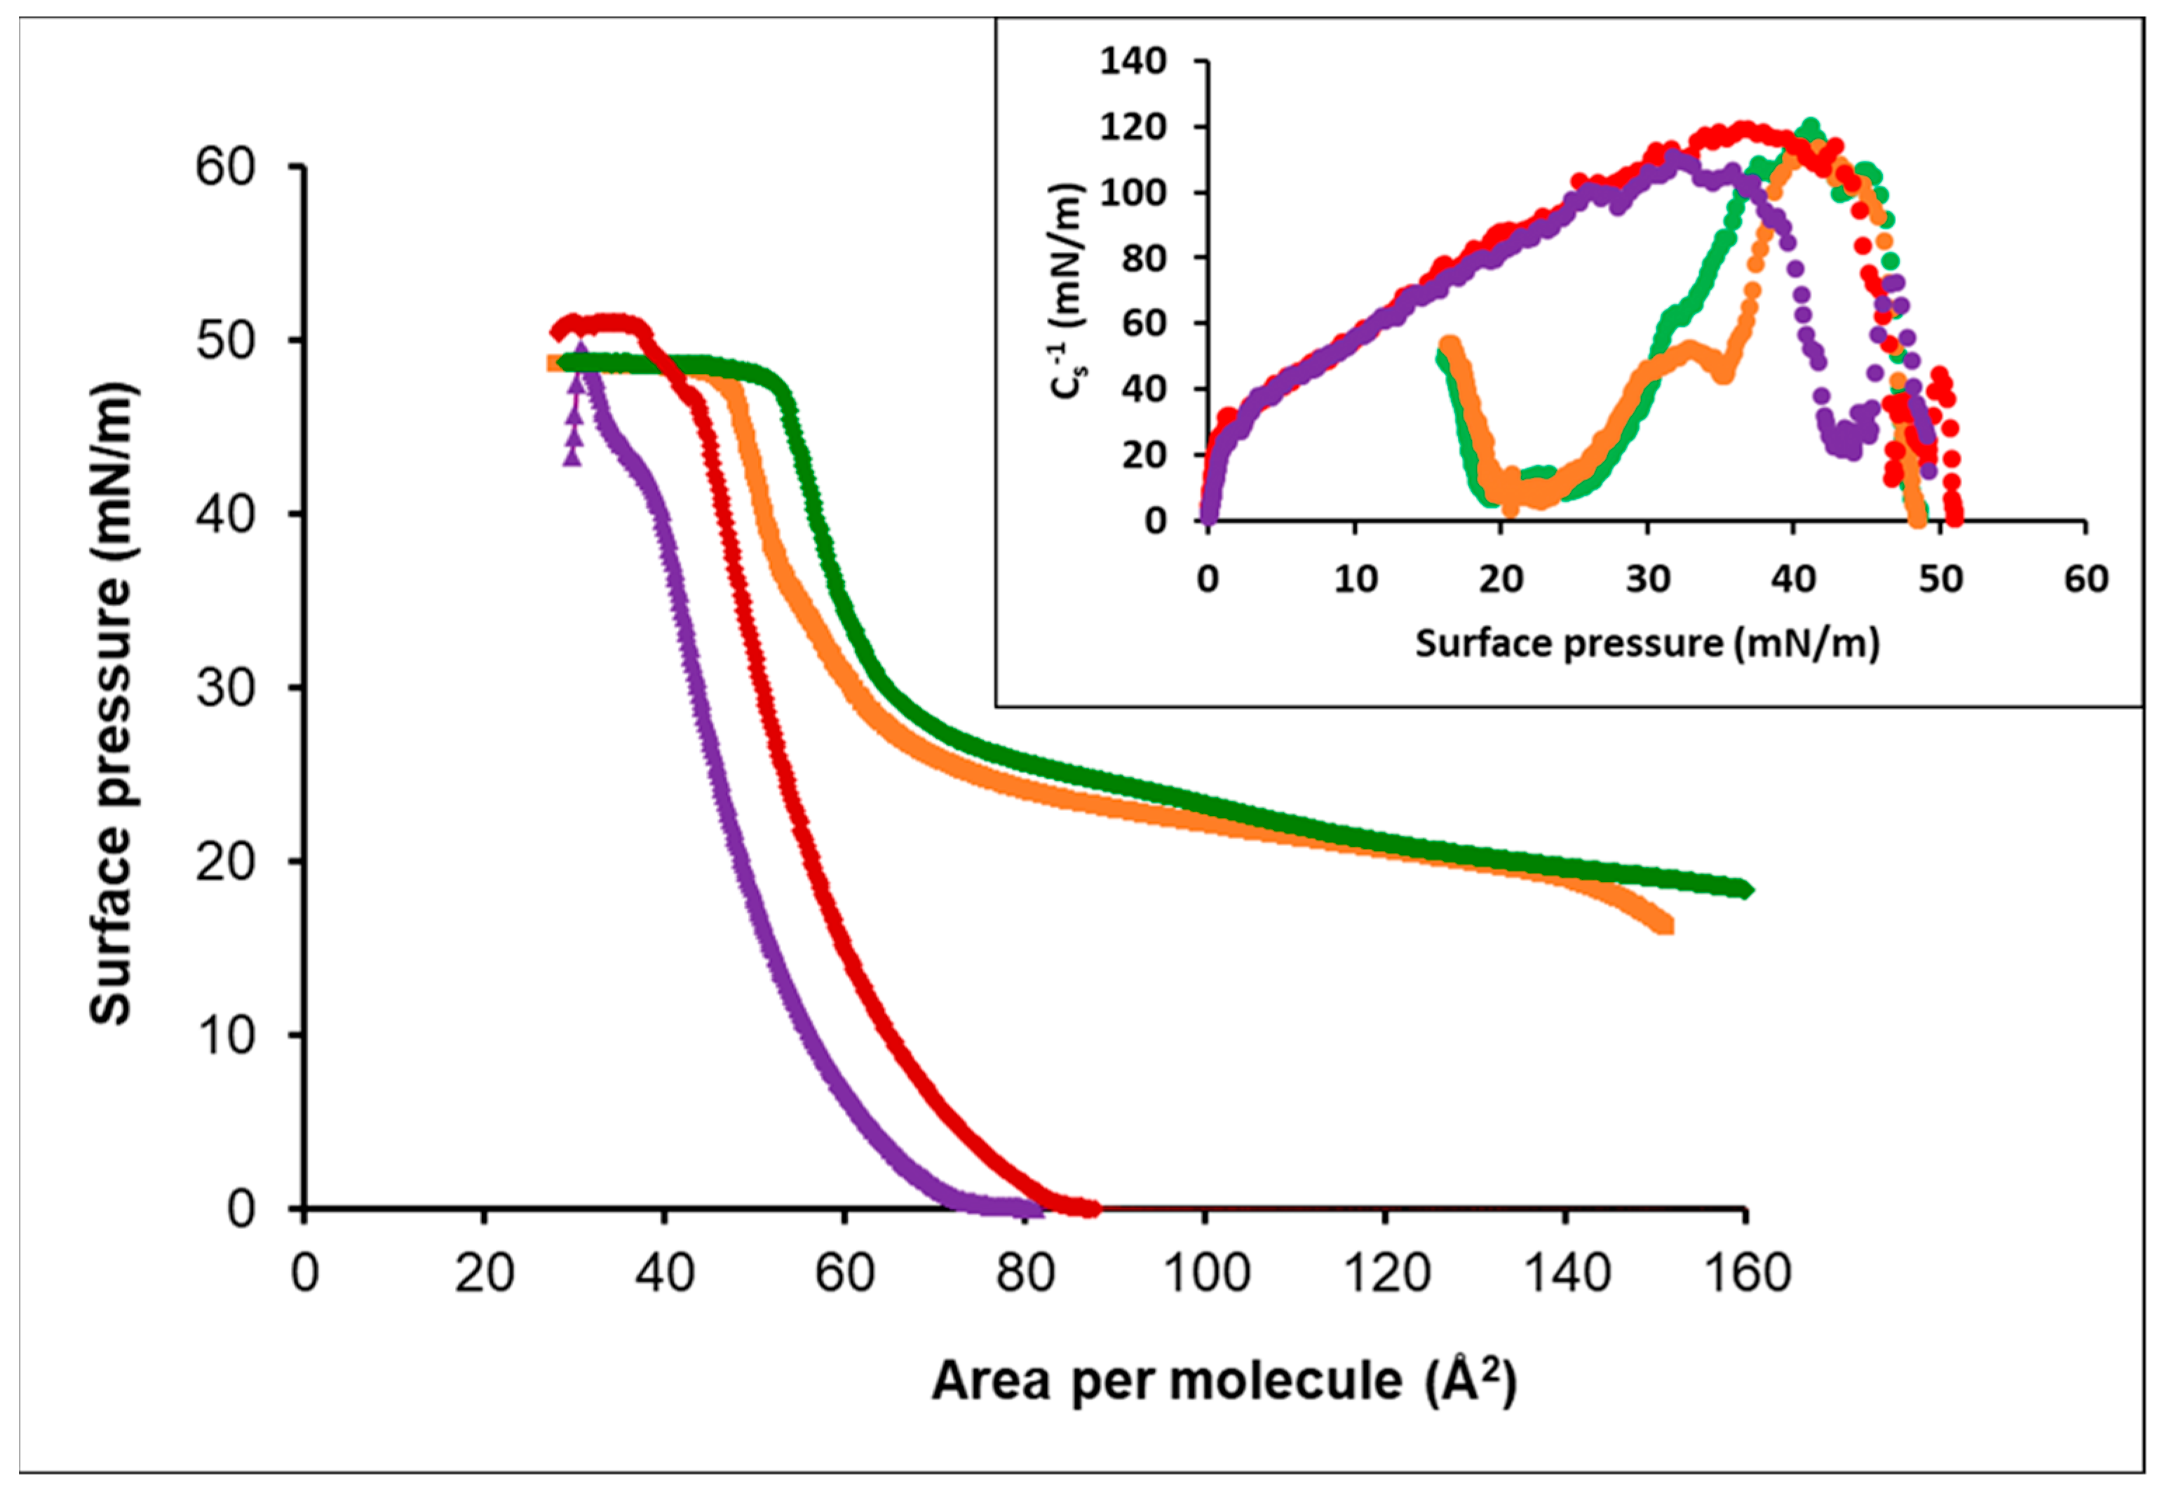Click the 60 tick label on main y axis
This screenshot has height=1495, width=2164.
[x=224, y=168]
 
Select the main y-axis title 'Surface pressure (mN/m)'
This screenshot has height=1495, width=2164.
[x=112, y=702]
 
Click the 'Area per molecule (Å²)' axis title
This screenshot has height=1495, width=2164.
[x=1223, y=1381]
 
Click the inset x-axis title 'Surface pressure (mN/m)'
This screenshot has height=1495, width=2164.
[x=1646, y=643]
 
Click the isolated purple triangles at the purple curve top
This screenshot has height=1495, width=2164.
[x=573, y=431]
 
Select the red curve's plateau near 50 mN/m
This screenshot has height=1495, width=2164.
[x=609, y=324]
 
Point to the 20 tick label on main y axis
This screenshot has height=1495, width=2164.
[x=224, y=862]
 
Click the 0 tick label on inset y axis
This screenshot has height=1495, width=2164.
[x=1154, y=521]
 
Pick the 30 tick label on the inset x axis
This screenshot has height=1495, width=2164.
[x=1647, y=579]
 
